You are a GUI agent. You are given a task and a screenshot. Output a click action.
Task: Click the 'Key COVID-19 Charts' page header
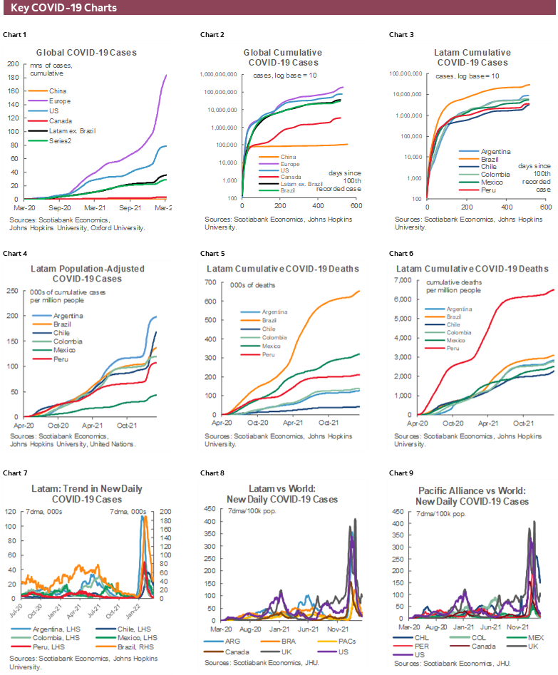point(64,8)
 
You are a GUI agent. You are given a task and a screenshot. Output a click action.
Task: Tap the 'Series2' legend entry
point(59,141)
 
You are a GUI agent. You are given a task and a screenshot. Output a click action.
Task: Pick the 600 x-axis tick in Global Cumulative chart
point(356,205)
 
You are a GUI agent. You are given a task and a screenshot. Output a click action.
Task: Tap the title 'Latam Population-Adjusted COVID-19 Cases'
point(88,274)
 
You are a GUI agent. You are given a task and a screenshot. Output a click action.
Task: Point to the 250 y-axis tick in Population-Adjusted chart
point(13,291)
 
